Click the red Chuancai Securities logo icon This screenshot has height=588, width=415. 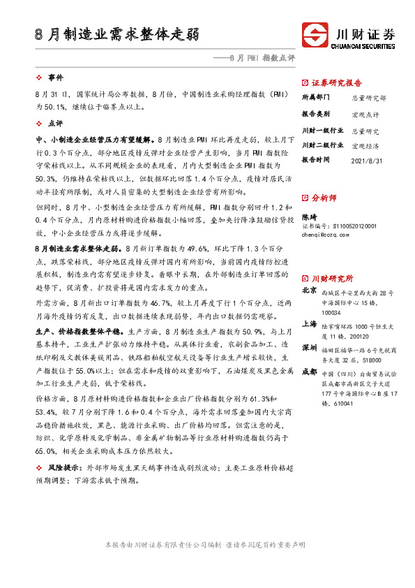coord(316,34)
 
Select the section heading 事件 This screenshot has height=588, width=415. coord(55,77)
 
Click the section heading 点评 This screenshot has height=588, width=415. coord(55,122)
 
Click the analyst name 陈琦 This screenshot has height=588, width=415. coord(309,218)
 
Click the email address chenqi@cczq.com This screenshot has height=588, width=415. coord(326,236)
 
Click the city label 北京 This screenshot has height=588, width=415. coord(309,290)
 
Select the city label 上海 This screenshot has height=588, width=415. coord(309,324)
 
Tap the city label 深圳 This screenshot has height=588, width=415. coord(309,348)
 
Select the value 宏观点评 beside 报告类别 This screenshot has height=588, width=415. coord(365,114)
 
